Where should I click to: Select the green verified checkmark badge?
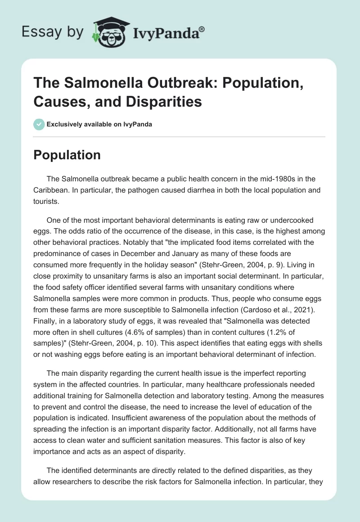(x=39, y=124)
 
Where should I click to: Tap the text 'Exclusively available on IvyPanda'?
(x=99, y=125)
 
